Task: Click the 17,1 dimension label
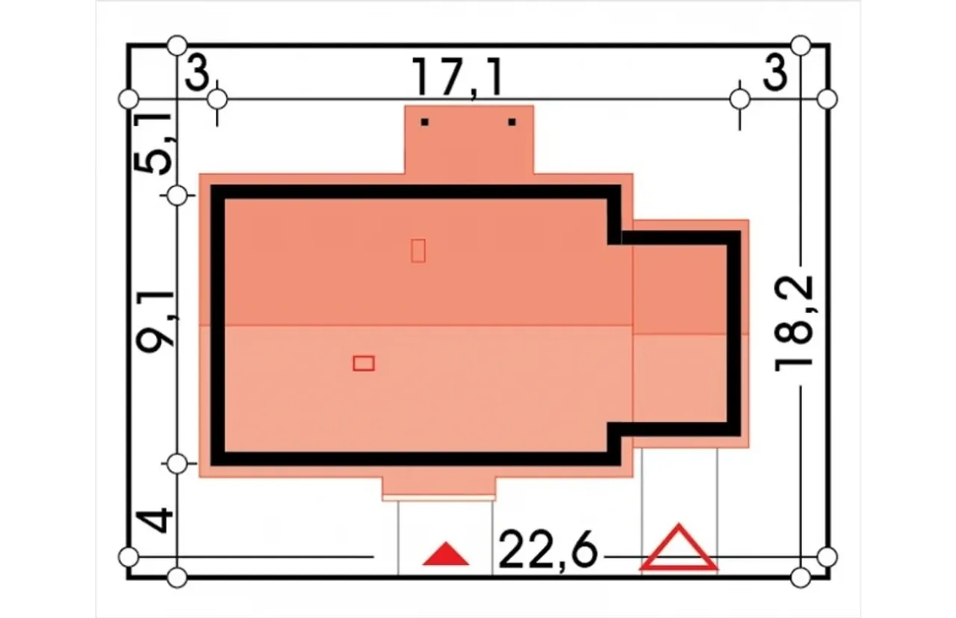point(457,77)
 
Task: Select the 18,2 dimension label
point(794,324)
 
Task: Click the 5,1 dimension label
point(153,144)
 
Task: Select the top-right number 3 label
point(775,73)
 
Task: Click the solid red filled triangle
point(446,554)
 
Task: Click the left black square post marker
point(425,122)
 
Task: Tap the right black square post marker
point(512,122)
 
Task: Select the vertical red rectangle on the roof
point(418,251)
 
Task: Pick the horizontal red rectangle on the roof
point(364,363)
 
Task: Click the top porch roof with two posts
point(469,140)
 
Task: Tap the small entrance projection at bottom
point(438,489)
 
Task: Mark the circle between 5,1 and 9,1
point(177,196)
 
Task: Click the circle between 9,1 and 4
point(177,463)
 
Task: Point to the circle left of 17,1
point(217,99)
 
